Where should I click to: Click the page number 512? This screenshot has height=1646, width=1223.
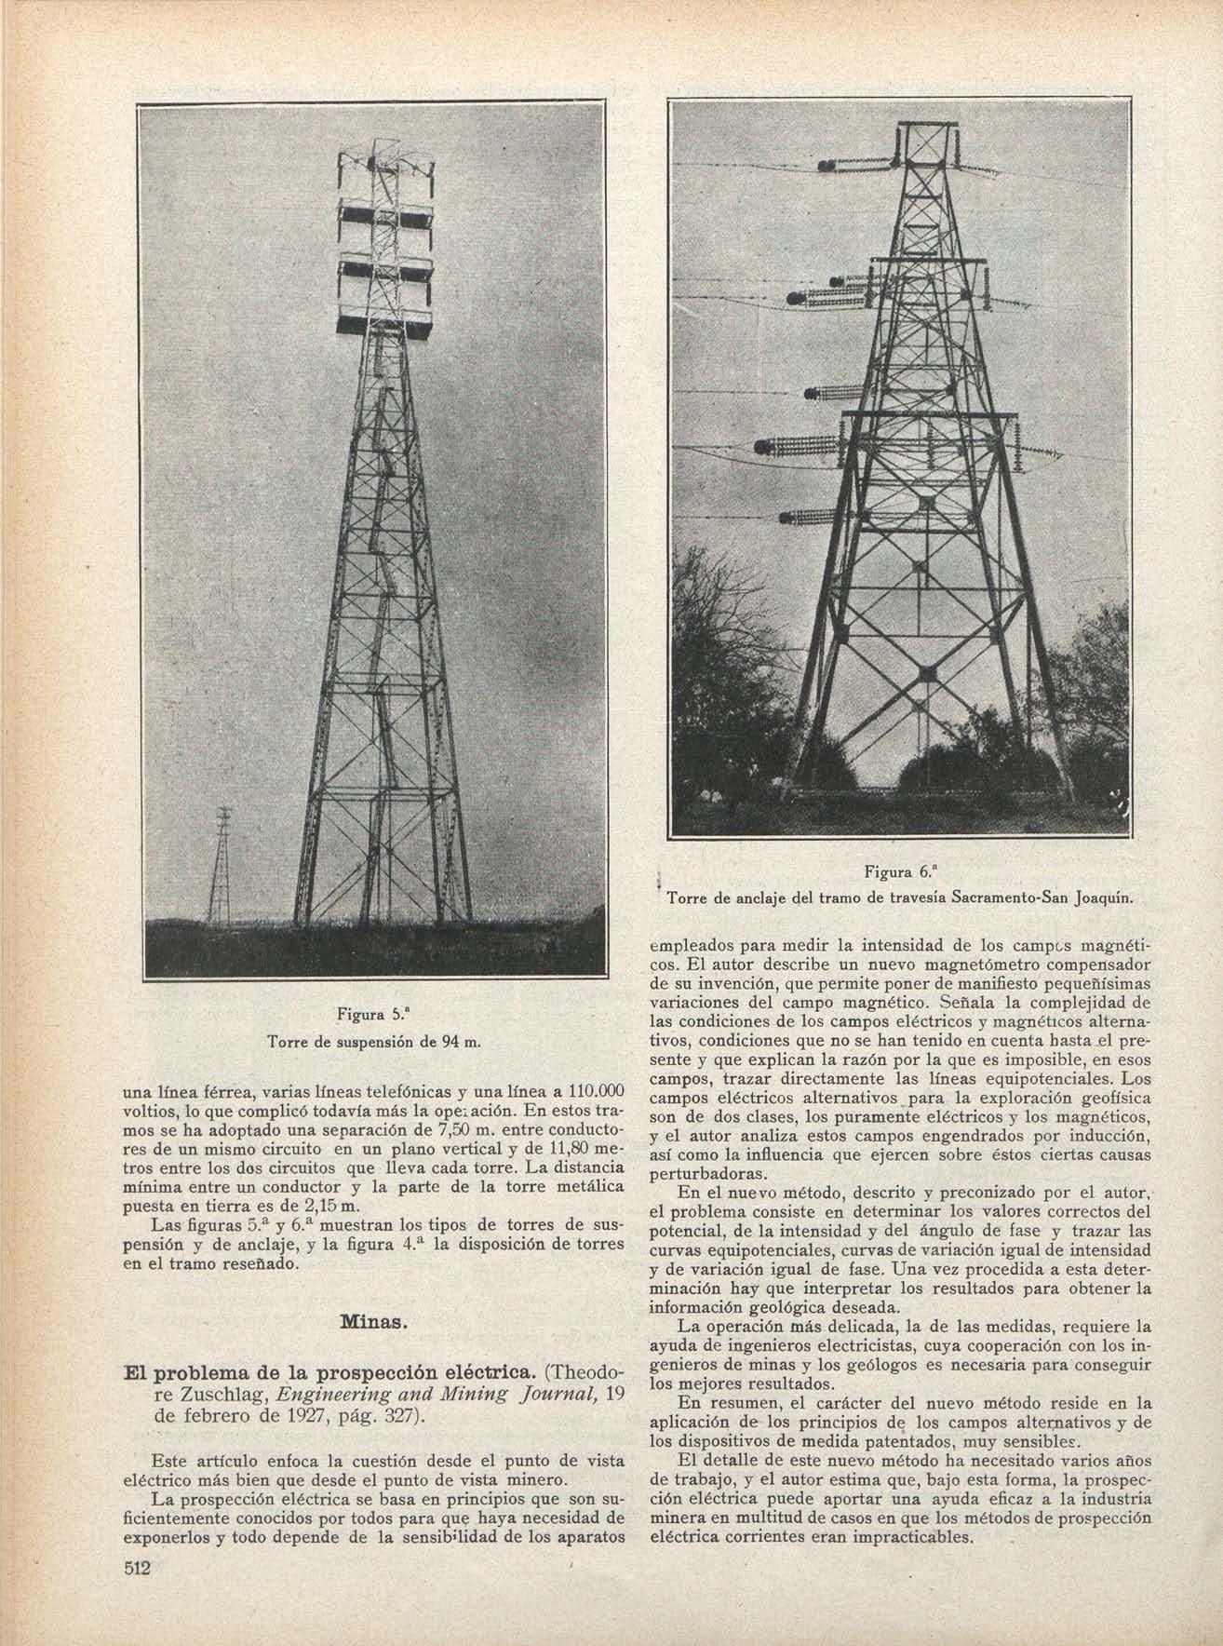point(138,1568)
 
